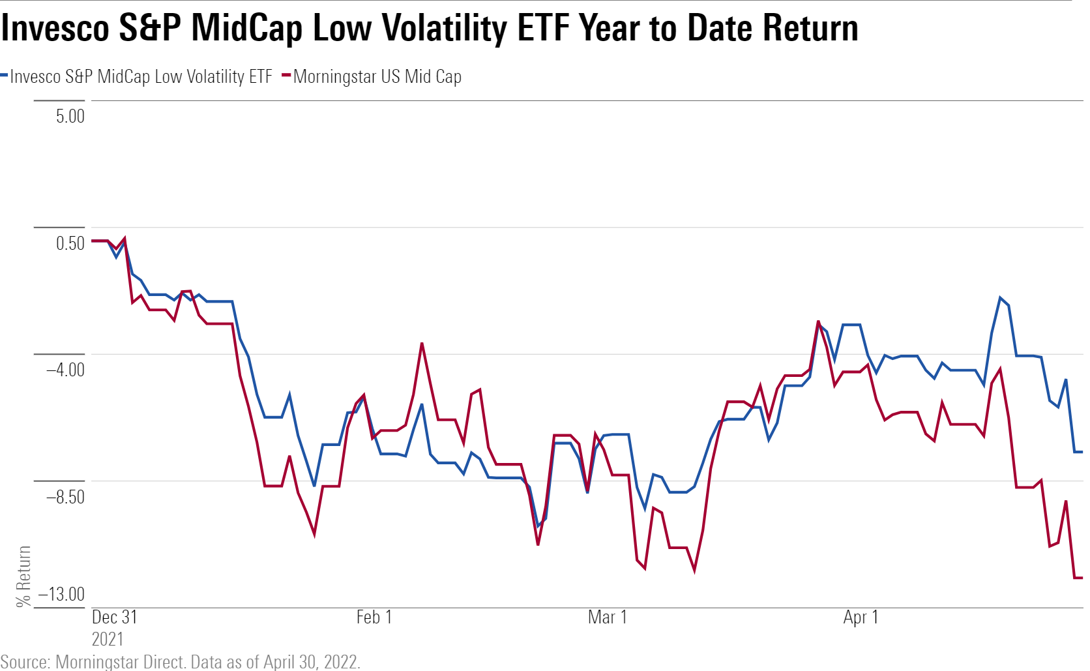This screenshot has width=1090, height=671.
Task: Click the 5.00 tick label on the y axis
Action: pyautogui.click(x=70, y=117)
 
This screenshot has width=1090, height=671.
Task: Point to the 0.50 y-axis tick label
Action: pyautogui.click(x=70, y=244)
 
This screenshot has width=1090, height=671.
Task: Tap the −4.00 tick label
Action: pyautogui.click(x=65, y=370)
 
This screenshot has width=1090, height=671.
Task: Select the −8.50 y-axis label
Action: pyautogui.click(x=65, y=497)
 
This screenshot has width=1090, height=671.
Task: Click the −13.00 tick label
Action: pyautogui.click(x=61, y=594)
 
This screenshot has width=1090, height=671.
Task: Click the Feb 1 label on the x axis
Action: pyautogui.click(x=374, y=618)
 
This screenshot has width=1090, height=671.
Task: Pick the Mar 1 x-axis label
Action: pyautogui.click(x=607, y=618)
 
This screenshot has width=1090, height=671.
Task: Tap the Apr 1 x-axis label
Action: pyautogui.click(x=861, y=618)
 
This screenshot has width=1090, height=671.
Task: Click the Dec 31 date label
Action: pyautogui.click(x=115, y=618)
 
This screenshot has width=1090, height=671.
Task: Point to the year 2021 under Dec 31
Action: pyautogui.click(x=108, y=639)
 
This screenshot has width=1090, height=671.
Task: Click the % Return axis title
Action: pyautogui.click(x=24, y=576)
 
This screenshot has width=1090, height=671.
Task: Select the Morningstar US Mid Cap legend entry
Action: pyautogui.click(x=377, y=77)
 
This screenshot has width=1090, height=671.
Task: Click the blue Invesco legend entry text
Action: pyautogui.click(x=141, y=77)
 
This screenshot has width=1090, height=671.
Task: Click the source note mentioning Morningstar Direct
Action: pyautogui.click(x=180, y=662)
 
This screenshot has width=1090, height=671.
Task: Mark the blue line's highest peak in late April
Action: pyautogui.click(x=1000, y=298)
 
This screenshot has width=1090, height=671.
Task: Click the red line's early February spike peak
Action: pyautogui.click(x=422, y=343)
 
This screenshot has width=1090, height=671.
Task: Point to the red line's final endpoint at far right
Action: pyautogui.click(x=1082, y=578)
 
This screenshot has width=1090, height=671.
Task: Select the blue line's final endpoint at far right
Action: pyautogui.click(x=1082, y=452)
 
